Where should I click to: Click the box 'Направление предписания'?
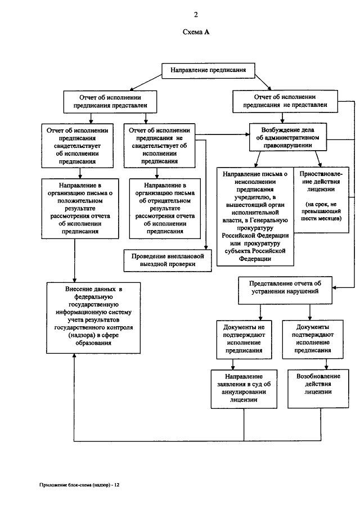208,70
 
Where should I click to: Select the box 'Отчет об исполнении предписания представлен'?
110,102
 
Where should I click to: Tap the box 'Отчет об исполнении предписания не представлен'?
285,101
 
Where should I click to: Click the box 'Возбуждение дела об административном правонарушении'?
287,137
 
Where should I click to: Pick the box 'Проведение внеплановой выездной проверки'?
168,260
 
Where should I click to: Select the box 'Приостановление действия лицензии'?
321,200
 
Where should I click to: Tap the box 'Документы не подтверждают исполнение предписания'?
244,339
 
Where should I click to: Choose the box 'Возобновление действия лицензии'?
318,389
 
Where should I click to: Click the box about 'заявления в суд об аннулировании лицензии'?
244,389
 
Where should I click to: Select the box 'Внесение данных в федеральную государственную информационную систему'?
93,318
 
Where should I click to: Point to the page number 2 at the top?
196,15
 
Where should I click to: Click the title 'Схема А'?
196,32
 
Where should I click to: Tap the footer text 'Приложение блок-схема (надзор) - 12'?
79,485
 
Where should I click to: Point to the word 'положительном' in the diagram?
80,201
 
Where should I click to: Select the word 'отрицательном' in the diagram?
165,201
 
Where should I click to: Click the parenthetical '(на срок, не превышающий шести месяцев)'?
321,211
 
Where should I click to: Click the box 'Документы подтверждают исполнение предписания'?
313,339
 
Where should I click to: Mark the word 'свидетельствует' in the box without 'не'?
77,146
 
